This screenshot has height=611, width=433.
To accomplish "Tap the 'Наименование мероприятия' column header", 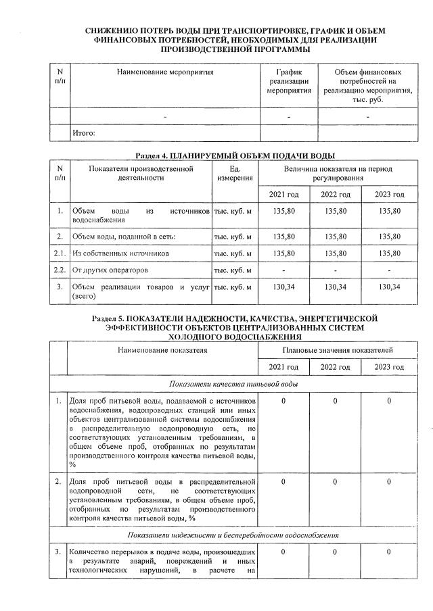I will (165, 72).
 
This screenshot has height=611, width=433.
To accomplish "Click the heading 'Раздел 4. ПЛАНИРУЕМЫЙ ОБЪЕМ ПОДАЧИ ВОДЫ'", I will (235, 155).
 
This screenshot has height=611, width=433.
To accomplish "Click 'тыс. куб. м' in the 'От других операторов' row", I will (233, 270).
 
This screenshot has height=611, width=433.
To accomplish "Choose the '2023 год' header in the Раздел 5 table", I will (390, 367).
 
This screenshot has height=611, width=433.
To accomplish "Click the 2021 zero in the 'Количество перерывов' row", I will (284, 553).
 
